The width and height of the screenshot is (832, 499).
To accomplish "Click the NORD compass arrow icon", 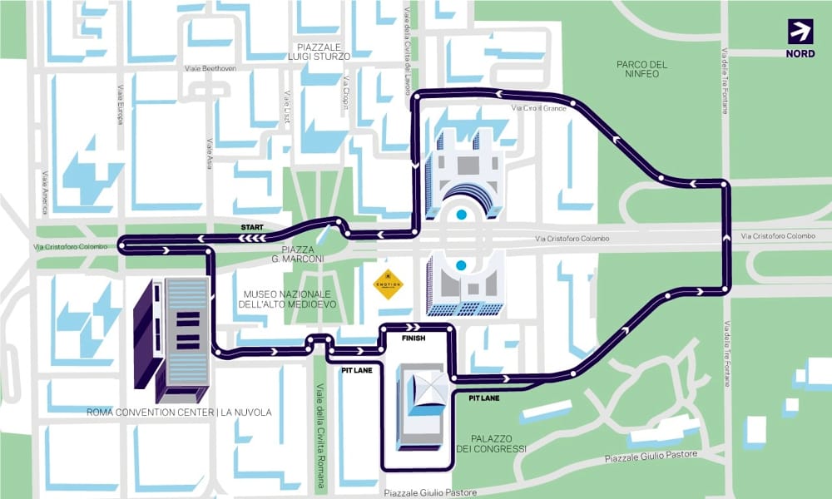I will pyautogui.click(x=800, y=31).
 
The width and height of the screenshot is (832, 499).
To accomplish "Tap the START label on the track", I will pyautogui.click(x=252, y=227).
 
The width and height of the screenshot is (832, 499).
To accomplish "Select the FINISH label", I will pyautogui.click(x=413, y=339).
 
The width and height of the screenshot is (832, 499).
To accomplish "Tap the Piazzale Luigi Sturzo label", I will pyautogui.click(x=321, y=51).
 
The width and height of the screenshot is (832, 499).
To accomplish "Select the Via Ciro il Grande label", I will pyautogui.click(x=539, y=109).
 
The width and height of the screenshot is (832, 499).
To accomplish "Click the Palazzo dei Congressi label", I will pyautogui.click(x=491, y=443).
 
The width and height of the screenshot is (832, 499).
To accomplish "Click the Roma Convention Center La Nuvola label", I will pyautogui.click(x=179, y=413).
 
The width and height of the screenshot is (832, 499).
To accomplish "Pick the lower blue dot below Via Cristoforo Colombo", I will pyautogui.click(x=460, y=266).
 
